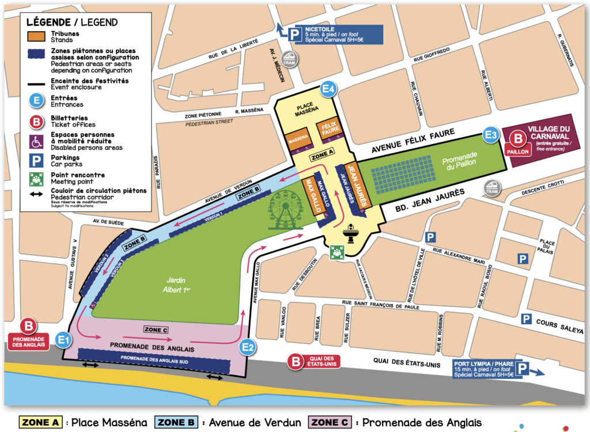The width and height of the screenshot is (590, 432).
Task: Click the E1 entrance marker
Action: coord(64,340)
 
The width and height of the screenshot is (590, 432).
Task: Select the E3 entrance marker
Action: coord(491,135)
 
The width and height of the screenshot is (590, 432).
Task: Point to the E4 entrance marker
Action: coord(328,89)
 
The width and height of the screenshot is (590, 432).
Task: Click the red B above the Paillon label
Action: coord(518,138)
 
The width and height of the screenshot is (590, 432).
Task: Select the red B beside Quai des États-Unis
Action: coord(296,362)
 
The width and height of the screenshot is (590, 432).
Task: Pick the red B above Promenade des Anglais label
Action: coord(28,326)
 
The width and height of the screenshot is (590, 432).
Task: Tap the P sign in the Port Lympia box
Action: coord(522,369)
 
